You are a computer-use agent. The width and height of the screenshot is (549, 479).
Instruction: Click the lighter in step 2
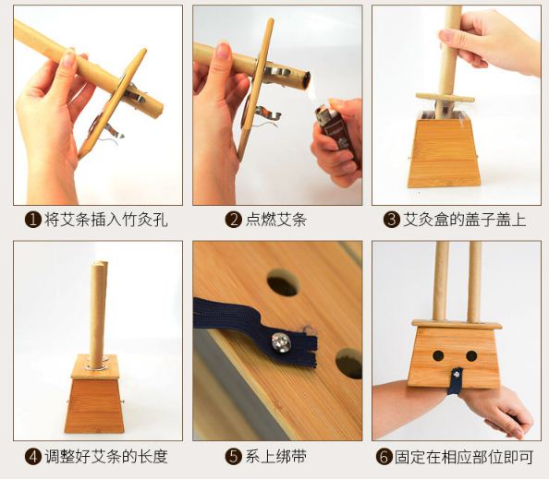(332, 128)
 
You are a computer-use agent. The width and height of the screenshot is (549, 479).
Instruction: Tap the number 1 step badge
(33, 220)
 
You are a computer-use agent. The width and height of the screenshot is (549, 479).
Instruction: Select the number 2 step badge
(233, 220)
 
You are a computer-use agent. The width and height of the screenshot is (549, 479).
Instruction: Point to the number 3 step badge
(392, 220)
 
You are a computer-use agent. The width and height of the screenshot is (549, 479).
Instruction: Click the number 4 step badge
(33, 456)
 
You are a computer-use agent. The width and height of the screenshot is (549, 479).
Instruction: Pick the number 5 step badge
(233, 456)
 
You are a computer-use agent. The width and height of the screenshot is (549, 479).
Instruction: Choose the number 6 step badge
(384, 456)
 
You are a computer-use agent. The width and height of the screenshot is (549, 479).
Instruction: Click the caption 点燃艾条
(276, 220)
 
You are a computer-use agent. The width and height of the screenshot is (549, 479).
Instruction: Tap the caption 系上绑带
(276, 456)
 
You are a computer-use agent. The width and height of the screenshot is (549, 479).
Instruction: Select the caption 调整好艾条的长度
(106, 456)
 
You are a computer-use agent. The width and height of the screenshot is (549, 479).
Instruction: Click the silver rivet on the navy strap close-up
(281, 341)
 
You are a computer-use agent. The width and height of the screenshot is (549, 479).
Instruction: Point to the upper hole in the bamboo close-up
(283, 282)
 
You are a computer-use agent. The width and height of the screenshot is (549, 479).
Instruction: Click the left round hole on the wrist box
(438, 356)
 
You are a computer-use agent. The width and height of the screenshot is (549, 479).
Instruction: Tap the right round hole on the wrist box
(471, 356)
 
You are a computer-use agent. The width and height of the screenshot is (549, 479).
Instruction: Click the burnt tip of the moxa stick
(305, 79)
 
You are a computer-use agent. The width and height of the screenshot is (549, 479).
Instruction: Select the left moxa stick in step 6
(441, 281)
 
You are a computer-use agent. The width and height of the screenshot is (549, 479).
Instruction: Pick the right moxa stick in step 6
(474, 281)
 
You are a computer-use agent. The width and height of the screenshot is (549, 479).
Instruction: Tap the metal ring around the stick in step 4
(98, 367)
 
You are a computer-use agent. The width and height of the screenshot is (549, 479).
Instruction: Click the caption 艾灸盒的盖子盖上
(465, 220)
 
